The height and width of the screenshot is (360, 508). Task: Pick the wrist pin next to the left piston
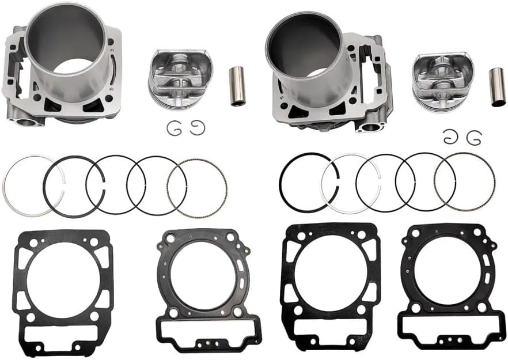[237, 86]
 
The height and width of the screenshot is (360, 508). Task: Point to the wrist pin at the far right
[497, 87]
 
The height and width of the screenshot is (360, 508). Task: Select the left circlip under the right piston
[450, 137]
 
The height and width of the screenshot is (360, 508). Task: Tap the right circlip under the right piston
[473, 138]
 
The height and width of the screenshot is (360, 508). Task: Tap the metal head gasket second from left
[164, 288]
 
